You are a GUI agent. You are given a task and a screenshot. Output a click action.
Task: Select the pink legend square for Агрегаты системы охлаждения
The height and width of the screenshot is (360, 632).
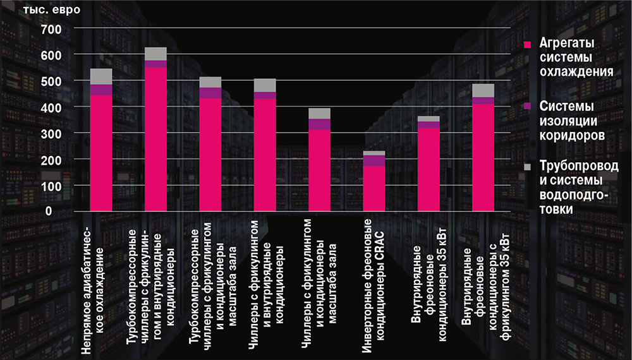pos(530,45)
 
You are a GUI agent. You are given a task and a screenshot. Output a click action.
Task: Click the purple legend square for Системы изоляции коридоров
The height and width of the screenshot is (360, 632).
pos(530,105)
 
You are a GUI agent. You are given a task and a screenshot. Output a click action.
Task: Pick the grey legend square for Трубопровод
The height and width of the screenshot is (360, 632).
pos(530,166)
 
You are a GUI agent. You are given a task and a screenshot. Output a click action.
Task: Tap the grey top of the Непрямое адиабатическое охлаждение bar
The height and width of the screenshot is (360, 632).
pos(101,76)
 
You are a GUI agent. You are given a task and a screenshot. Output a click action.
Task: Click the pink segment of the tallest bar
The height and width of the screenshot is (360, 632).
pos(155,139)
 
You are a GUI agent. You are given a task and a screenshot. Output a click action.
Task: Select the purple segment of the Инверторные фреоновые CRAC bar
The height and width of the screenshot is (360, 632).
pos(374,160)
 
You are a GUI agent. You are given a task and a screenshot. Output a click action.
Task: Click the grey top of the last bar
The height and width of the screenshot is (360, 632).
pos(483,90)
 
